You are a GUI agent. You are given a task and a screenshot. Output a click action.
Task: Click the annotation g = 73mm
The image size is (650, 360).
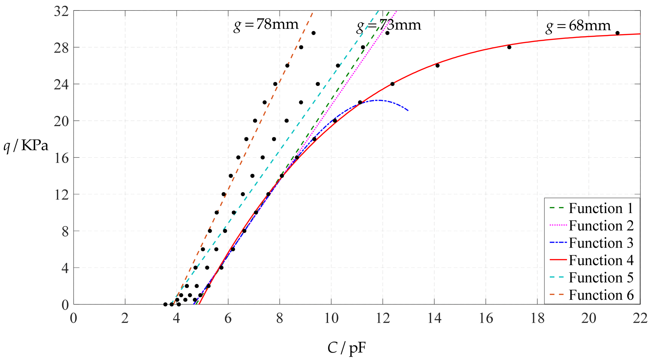[x=389, y=25]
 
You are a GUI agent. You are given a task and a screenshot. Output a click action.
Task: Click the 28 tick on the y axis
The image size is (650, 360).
[x=61, y=48]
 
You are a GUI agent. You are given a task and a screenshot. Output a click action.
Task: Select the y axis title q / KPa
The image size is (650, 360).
[x=26, y=145]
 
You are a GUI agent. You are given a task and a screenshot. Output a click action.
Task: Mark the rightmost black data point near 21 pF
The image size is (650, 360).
[x=618, y=33]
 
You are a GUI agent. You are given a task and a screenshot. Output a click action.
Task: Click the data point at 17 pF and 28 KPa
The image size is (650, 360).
[x=509, y=47]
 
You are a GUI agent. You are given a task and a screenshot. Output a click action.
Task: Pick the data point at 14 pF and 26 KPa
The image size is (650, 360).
[x=438, y=66]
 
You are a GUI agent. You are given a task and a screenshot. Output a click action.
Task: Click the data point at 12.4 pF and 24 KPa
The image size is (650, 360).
[x=392, y=84]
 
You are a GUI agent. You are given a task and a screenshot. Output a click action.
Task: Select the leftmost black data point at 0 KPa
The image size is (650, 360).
[x=165, y=304]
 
